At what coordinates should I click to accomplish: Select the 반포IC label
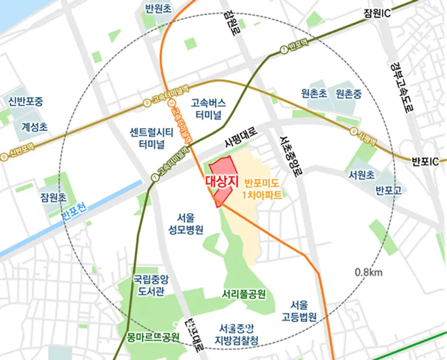tap(424, 161)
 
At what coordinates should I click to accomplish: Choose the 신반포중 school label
tap(26, 101)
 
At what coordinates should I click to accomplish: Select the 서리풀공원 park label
tap(244, 293)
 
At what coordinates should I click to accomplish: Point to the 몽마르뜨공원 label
tap(153, 337)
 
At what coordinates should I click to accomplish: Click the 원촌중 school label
tap(349, 93)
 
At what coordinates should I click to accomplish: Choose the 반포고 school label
tap(385, 189)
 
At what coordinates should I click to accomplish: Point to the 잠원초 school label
tap(52, 197)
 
